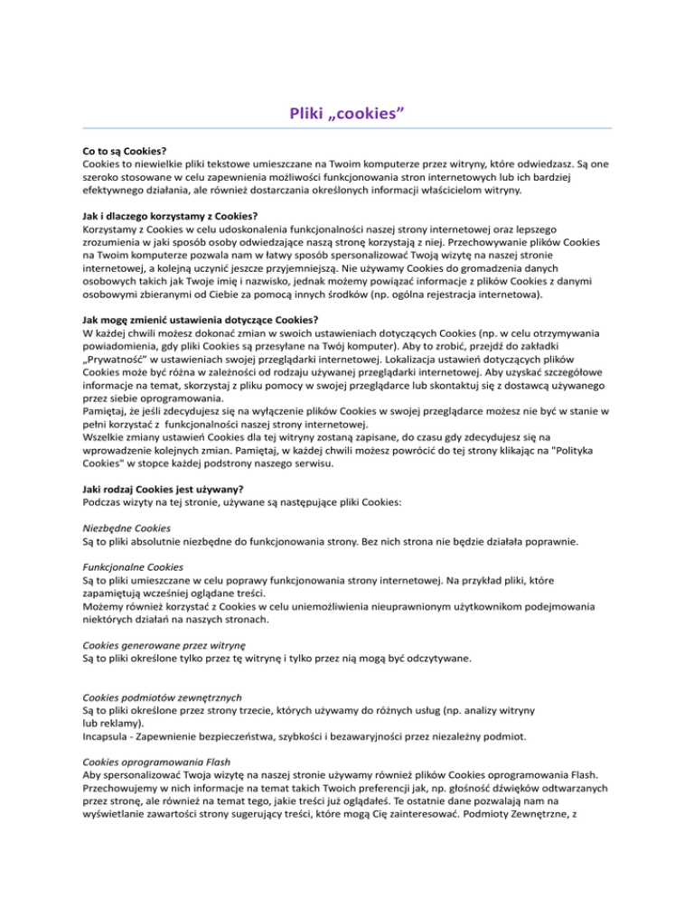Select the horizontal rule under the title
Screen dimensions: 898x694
click(x=346, y=128)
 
